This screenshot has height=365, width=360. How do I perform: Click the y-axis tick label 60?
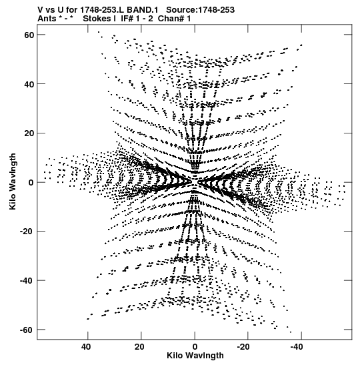coord(29,35)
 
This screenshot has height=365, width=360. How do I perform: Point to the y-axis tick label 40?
coord(29,84)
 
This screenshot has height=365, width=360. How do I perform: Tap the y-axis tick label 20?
coord(29,133)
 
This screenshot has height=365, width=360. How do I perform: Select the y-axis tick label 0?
coord(31,183)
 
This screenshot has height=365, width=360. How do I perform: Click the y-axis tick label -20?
coord(27,232)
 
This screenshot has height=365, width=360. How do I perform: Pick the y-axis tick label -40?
coord(27,281)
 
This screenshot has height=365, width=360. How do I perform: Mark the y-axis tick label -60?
coord(27,330)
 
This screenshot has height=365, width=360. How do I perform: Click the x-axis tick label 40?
coord(86,347)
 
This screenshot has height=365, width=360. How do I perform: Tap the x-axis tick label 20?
coord(139,347)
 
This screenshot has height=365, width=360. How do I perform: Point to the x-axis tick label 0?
coord(195,347)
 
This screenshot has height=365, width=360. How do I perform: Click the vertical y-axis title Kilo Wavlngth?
coord(13,181)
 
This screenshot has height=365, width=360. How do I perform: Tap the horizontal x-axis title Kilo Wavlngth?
coord(195,356)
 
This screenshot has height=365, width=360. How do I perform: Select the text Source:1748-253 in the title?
coord(200,10)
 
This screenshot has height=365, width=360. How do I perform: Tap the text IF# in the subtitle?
coord(127,19)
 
